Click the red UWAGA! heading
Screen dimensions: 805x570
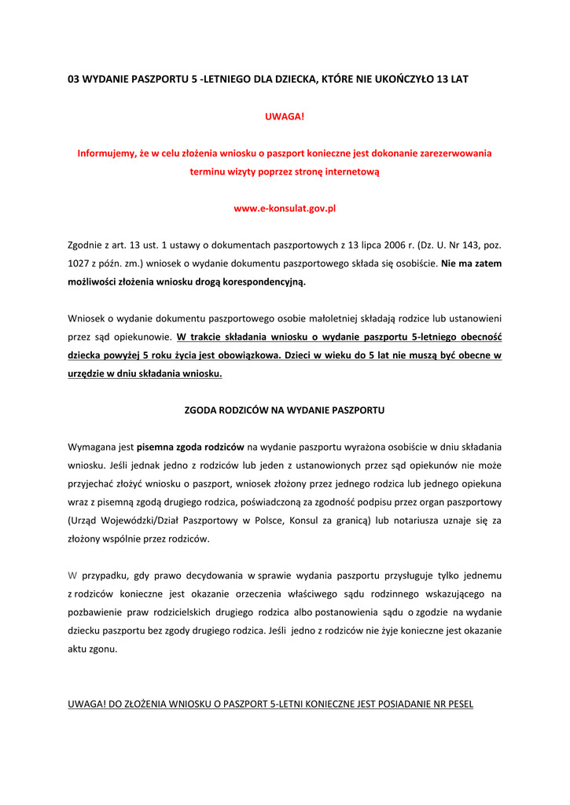(x=284, y=116)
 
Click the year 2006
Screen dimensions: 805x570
(x=370, y=245)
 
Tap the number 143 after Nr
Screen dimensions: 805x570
(x=456, y=245)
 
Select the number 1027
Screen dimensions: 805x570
(x=80, y=264)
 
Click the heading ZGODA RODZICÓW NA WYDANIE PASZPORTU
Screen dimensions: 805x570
(x=284, y=410)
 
